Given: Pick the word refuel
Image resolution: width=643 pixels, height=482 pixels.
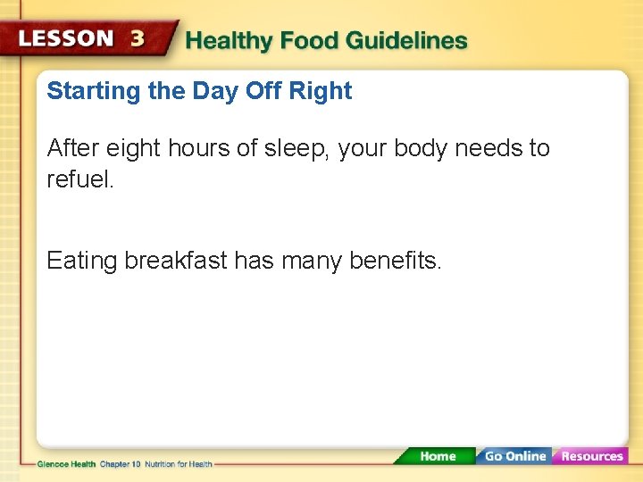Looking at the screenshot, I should [80, 179].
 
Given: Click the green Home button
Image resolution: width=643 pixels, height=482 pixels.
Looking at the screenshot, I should [437, 456].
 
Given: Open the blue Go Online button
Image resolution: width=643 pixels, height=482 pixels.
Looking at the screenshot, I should [514, 456].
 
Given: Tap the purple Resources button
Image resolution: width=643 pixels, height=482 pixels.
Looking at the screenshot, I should [591, 456].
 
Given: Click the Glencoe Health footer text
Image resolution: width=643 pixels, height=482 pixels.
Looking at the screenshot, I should [68, 464].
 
